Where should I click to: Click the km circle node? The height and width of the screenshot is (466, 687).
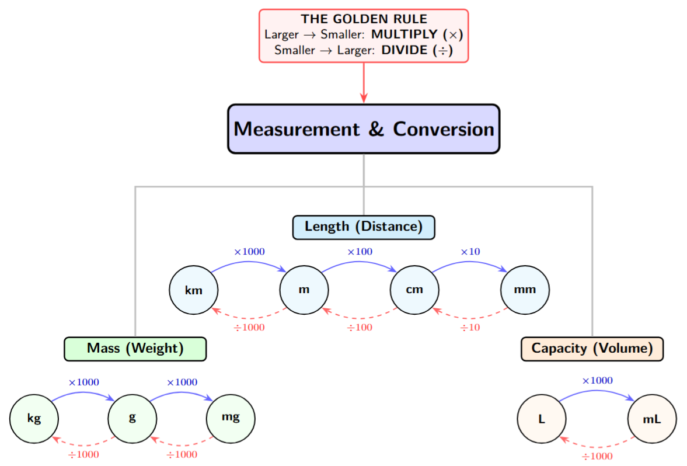point(193,290)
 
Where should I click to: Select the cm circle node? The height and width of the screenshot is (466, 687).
point(414,290)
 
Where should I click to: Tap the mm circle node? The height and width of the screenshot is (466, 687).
point(525,290)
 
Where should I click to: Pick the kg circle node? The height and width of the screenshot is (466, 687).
point(34,418)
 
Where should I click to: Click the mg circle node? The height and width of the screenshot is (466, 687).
point(231,418)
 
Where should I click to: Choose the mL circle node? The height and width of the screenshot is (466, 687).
point(652,419)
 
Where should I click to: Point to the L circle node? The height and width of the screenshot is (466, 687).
point(542,419)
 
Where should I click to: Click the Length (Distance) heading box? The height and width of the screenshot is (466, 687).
point(364,227)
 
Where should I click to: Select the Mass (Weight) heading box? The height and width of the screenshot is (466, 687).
point(135,349)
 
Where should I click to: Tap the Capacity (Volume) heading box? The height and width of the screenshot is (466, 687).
point(592,349)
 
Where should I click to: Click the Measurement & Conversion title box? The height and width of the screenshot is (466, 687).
point(364,129)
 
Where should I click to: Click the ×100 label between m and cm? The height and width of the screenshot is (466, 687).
point(360,252)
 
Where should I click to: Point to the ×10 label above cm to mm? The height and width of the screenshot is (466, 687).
point(470,252)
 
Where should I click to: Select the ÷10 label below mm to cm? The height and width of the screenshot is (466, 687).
point(470,328)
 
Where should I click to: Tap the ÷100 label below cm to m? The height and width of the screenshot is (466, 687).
point(360,328)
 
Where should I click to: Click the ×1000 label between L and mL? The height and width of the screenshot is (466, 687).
point(597,381)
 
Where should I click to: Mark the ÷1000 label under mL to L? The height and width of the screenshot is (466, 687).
point(597,456)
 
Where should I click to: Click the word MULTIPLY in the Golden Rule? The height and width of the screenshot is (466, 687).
point(404,35)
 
